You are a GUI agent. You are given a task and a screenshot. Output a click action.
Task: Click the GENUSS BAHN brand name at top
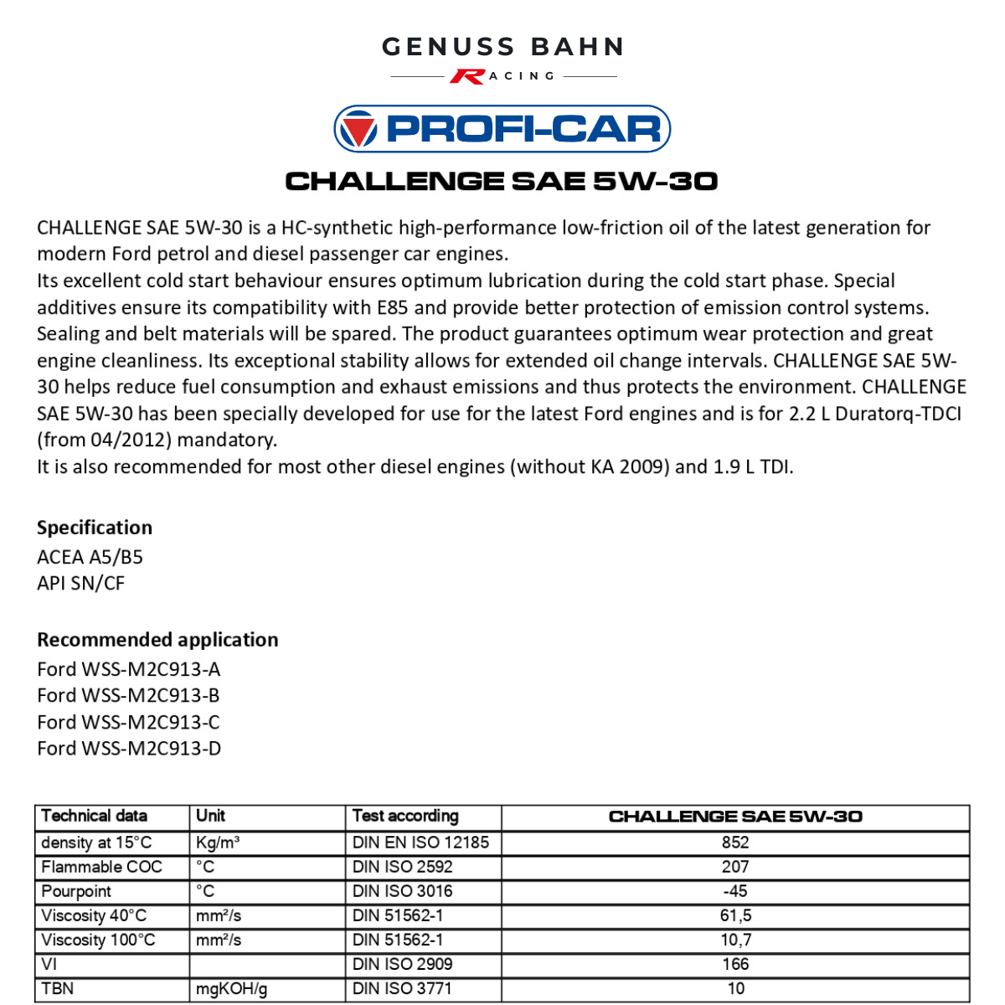coord(502,47)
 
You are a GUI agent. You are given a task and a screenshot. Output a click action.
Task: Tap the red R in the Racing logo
coord(466,76)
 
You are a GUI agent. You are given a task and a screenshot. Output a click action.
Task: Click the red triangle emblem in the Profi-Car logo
coord(360,130)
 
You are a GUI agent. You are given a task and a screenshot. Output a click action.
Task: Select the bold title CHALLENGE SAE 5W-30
coord(502,181)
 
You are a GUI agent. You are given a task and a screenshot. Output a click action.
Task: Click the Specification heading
coord(95,528)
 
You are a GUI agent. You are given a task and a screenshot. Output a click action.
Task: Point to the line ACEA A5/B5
coord(90,557)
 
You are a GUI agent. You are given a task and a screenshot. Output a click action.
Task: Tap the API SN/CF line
coord(80,583)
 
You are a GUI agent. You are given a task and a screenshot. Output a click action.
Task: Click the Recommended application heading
coord(157,640)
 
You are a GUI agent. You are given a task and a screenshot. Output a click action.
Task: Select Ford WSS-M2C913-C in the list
coord(128,722)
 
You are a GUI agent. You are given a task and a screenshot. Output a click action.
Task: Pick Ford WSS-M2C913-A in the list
coord(128,669)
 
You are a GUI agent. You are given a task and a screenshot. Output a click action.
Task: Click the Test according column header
coord(405,816)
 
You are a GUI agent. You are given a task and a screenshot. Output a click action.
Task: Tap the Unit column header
coord(210,816)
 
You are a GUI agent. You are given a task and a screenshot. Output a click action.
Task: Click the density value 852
coord(735,843)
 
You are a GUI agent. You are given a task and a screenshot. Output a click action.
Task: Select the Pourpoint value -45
coord(735,891)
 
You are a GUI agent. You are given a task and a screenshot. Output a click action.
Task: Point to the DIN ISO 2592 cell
coord(402,867)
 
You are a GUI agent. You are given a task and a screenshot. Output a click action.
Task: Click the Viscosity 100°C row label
coord(98,940)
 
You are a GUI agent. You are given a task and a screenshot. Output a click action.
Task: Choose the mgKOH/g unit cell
coord(231,988)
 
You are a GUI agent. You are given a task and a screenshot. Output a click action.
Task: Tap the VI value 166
coord(735,964)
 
